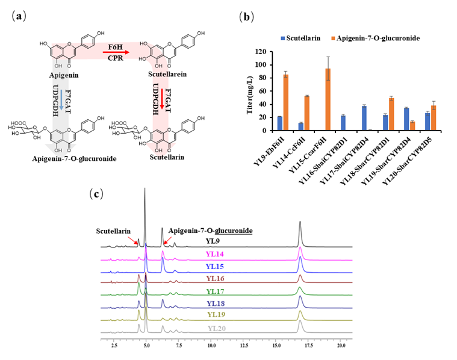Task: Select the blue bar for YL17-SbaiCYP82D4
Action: tap(364, 118)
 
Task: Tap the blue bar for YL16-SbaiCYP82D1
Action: tap(343, 123)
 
